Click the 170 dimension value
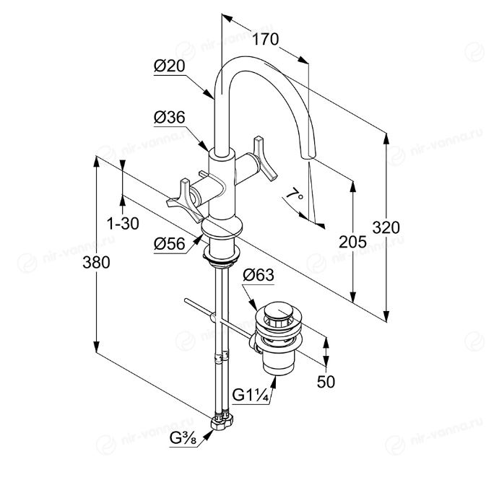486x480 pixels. [265, 40]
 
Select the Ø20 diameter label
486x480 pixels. [170, 66]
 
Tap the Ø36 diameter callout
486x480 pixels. [170, 118]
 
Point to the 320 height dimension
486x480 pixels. [386, 228]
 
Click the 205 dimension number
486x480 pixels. [352, 242]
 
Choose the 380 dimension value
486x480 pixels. [96, 263]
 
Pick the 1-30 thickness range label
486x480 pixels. [123, 223]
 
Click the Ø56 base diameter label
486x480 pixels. [170, 243]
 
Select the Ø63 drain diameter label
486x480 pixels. [259, 274]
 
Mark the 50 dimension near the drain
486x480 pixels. [326, 381]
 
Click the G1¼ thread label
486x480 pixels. [250, 395]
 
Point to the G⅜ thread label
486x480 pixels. [183, 438]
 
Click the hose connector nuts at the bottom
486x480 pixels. [222, 421]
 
